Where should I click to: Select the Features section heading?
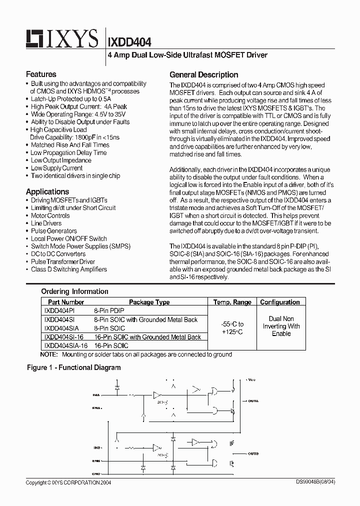point(41,74)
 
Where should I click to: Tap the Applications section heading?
point(47,191)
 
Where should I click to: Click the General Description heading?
point(203,74)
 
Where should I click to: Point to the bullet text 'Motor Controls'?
point(50,215)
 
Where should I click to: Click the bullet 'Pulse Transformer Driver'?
point(62,261)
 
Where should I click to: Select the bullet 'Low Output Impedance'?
point(61,160)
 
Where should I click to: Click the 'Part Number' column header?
point(65,302)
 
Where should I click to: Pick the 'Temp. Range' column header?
point(232,302)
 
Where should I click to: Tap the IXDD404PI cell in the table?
point(58,310)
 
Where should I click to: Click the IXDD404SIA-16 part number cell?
point(65,345)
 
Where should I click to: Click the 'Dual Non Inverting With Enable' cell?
point(281,326)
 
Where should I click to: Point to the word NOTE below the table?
point(48,354)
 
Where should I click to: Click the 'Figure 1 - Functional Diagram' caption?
point(73,367)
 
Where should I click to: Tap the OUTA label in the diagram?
point(253,400)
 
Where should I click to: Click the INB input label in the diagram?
point(96,447)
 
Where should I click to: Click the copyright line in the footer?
point(68,483)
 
